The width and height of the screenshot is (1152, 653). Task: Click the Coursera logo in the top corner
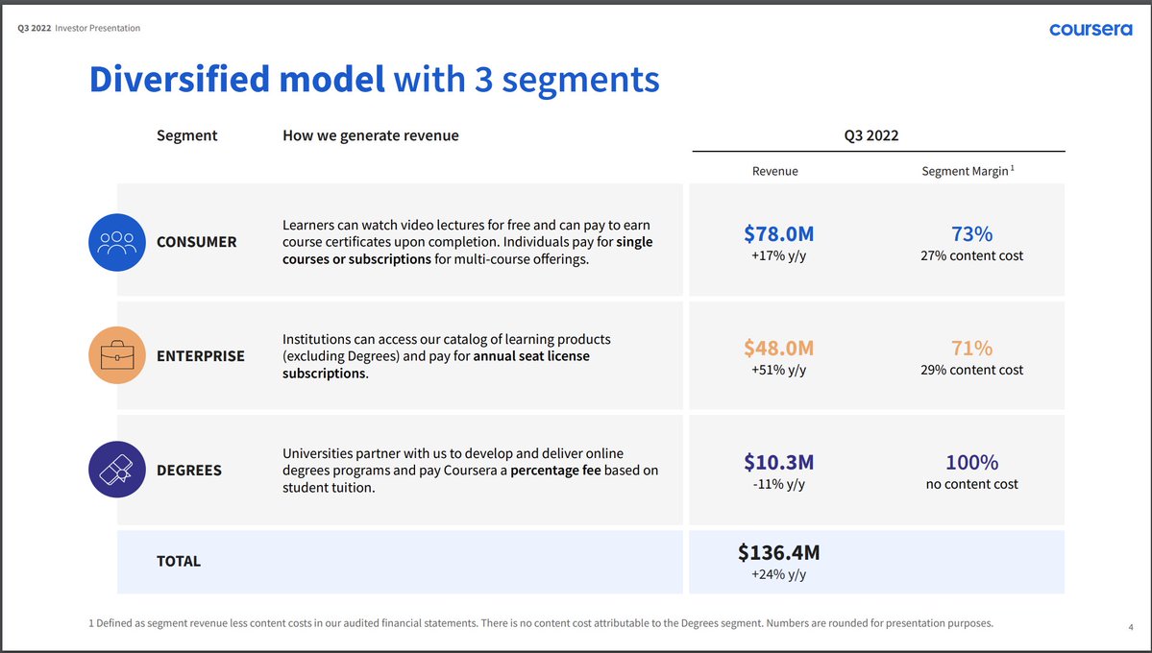pos(1091,30)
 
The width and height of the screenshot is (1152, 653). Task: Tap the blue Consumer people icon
pos(116,241)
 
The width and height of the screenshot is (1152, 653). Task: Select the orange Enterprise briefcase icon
pos(116,355)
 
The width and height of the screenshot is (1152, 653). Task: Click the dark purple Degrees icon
pos(116,470)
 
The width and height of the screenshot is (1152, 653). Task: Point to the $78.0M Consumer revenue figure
pos(778,233)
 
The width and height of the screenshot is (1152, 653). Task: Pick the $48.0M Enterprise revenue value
pos(778,348)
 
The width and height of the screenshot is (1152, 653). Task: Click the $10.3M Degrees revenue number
pos(778,462)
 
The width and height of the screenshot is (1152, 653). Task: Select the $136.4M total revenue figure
pos(778,552)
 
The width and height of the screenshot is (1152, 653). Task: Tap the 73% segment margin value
pos(971,233)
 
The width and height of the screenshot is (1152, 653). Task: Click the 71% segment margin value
pos(971,348)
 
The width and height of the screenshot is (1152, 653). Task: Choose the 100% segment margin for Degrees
pos(971,462)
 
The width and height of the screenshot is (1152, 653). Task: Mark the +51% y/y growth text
pos(778,370)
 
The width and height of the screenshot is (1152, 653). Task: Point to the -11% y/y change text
pos(778,484)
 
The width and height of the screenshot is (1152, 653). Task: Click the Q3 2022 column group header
pos(870,135)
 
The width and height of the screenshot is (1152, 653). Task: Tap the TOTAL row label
pos(179,561)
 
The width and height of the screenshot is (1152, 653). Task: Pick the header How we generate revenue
pos(370,135)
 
